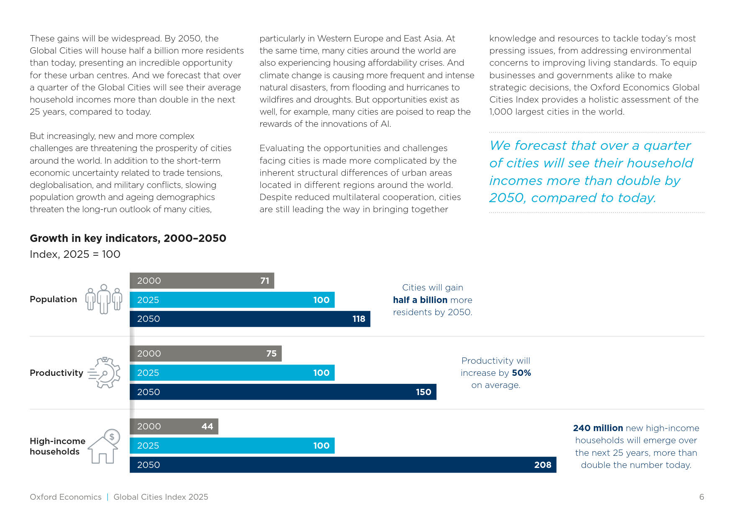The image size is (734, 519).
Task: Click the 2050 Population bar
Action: (250, 319)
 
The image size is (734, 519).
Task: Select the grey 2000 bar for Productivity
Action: (205, 354)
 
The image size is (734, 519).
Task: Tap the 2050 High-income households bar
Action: (343, 465)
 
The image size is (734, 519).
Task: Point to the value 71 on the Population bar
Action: (265, 281)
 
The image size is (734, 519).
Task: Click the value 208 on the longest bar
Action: (543, 465)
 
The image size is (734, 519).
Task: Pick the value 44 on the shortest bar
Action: (207, 427)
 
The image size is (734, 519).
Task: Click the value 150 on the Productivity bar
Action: (423, 392)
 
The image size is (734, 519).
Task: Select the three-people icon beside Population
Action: (104, 299)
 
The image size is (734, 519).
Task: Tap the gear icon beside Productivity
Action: (104, 373)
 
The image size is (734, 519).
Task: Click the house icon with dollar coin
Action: (104, 446)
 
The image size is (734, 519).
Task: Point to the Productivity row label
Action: (56, 373)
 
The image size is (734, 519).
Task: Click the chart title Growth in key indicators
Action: (128, 238)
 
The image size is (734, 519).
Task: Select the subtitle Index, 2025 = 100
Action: (75, 254)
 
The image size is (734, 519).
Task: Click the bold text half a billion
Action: (420, 300)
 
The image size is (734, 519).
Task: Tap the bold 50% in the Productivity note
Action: (521, 373)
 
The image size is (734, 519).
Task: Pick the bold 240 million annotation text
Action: (598, 428)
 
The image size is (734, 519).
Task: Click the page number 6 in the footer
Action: (702, 497)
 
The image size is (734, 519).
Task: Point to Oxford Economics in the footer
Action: (66, 497)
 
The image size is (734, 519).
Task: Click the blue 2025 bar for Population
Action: (232, 300)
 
